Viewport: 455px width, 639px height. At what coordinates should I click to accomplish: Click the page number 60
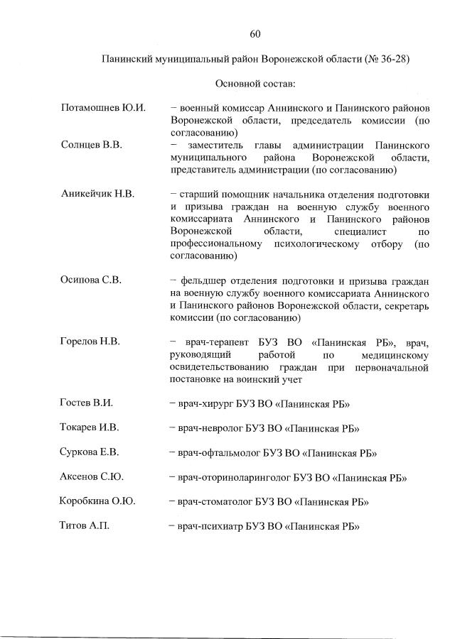(256, 33)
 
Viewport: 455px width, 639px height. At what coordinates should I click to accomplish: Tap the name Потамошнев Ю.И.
(103, 108)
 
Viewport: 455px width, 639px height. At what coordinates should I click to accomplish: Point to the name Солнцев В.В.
(92, 145)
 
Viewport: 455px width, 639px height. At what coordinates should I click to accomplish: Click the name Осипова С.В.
(91, 280)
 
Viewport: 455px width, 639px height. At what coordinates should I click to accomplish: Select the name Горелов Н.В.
(90, 342)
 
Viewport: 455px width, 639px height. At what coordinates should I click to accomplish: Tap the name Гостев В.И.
(87, 403)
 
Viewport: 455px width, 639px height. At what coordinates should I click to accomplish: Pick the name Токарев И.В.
(90, 427)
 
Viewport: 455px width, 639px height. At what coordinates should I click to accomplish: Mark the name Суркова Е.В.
(90, 452)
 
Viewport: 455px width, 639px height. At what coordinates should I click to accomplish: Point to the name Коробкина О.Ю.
(97, 501)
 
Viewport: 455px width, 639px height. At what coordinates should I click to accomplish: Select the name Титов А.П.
(85, 526)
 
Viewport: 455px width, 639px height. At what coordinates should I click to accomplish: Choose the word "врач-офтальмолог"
(216, 453)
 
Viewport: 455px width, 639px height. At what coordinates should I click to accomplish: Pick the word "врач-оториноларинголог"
(231, 478)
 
